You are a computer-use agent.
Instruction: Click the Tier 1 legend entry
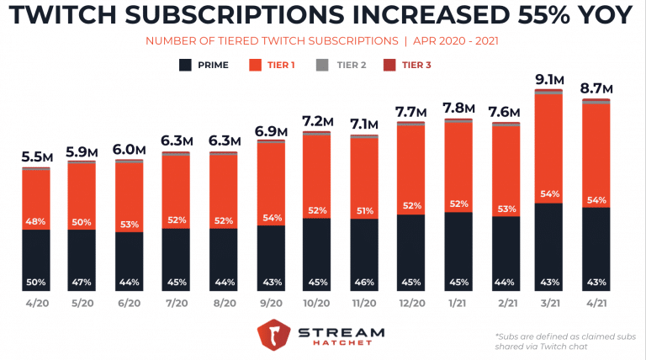[x=272, y=64]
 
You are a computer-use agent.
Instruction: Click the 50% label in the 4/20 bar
[x=35, y=282]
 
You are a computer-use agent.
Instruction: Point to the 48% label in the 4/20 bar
[x=35, y=222]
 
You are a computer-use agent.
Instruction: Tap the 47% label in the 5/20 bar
[x=82, y=282]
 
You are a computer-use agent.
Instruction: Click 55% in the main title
[x=527, y=17]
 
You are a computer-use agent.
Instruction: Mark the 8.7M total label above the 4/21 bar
[x=596, y=87]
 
